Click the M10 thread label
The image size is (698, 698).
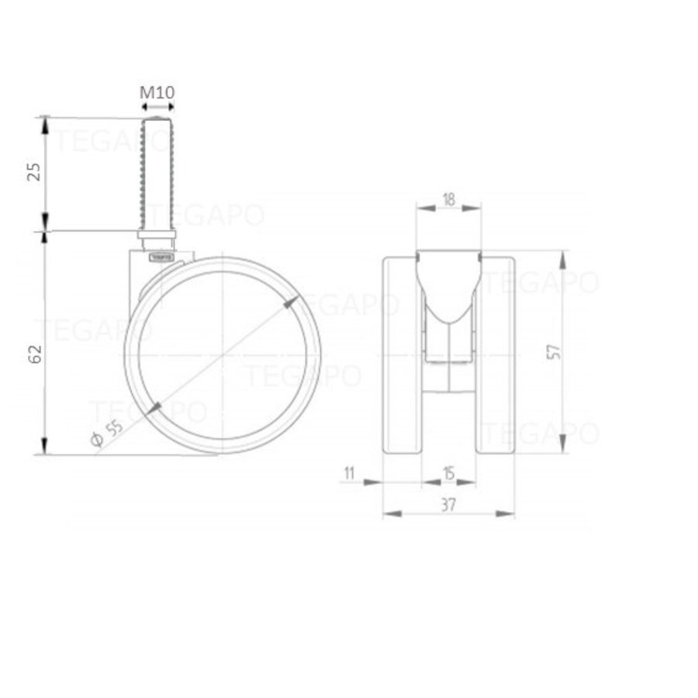[x=157, y=92]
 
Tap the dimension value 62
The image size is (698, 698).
[x=33, y=354]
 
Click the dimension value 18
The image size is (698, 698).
[x=448, y=199]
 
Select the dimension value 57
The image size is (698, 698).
[x=552, y=351]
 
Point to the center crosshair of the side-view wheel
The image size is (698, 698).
[x=223, y=355]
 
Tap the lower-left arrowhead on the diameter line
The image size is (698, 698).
[x=154, y=408]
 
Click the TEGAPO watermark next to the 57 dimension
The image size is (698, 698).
[x=541, y=283]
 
